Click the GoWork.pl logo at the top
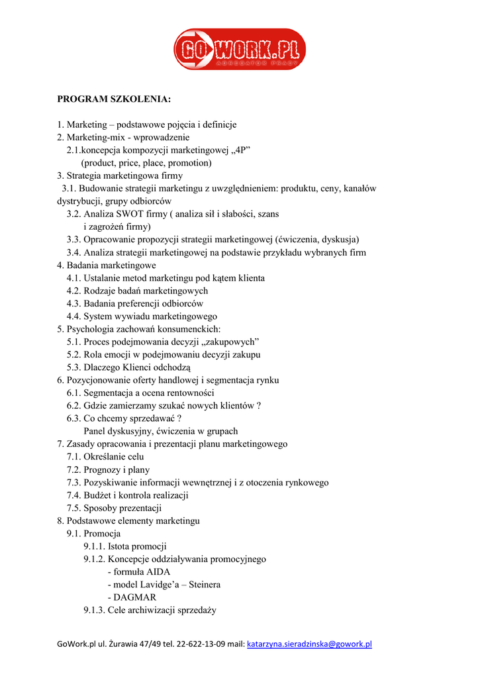[240, 50]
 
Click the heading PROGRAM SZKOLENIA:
[114, 99]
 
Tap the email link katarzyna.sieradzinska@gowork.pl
[309, 644]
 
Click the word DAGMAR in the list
[135, 597]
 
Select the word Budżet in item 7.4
[98, 495]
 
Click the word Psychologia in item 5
[91, 329]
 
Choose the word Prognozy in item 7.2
[101, 469]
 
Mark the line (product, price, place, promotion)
[146, 163]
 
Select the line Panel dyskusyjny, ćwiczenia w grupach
[161, 431]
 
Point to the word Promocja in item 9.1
[103, 534]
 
